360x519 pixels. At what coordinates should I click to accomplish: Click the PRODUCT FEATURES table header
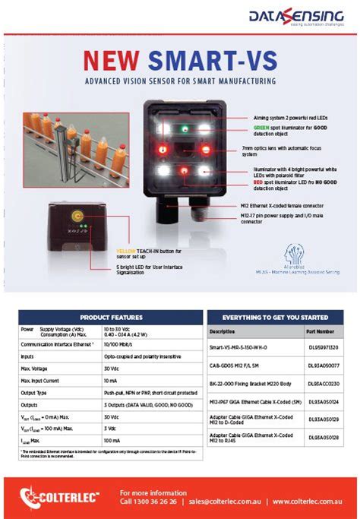111,317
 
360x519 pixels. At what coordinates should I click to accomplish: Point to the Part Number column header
320,332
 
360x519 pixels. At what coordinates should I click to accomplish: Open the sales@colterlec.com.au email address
226,502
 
